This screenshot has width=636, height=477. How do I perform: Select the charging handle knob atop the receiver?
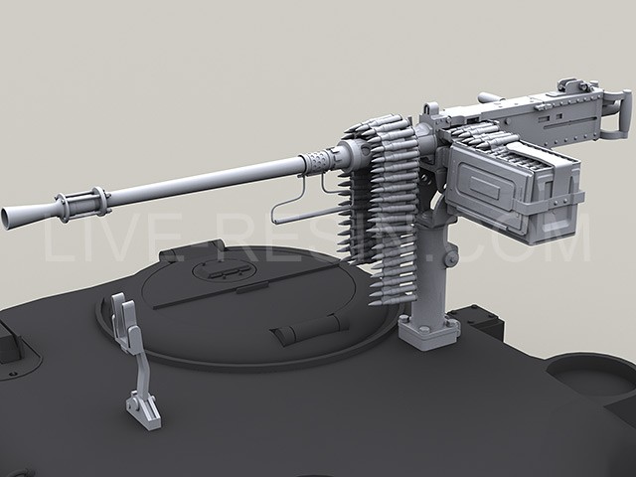click(486, 97)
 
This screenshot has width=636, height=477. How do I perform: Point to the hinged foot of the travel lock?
click(143, 407)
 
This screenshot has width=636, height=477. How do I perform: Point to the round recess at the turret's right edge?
click(592, 376)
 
